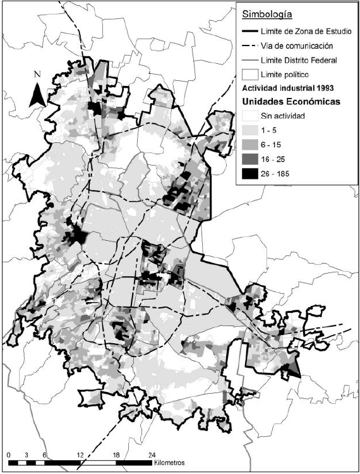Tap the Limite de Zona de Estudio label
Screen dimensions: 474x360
click(x=309, y=31)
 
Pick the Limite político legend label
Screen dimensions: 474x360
click(x=293, y=74)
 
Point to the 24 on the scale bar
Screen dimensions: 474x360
click(x=152, y=454)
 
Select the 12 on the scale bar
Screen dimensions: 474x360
click(x=80, y=454)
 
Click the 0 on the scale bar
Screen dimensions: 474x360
click(x=8, y=454)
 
